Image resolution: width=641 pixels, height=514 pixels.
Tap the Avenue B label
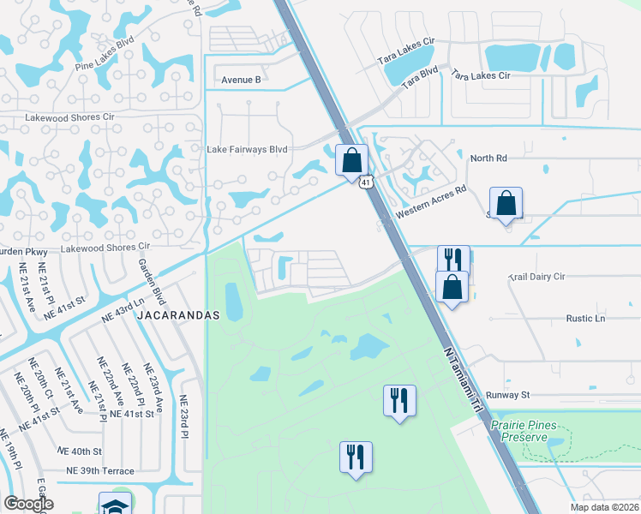point(241,80)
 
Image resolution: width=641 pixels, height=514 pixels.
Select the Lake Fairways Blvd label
point(247,148)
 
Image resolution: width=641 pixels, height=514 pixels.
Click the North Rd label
point(488,158)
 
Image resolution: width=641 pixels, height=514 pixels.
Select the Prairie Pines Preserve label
point(518,431)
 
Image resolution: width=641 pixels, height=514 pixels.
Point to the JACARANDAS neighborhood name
point(182,315)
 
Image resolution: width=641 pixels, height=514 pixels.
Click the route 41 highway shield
point(367,182)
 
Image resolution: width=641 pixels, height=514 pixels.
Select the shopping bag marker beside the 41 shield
point(351,159)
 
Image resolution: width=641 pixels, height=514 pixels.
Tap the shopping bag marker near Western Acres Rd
point(506,203)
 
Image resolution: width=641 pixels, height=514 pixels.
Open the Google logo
point(29,504)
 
